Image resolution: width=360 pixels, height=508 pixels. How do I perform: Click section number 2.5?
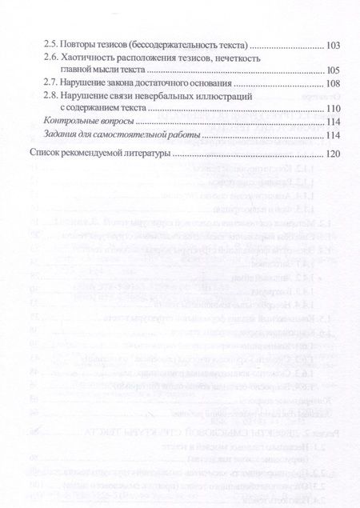point(52,44)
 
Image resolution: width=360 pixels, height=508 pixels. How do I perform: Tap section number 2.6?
point(52,58)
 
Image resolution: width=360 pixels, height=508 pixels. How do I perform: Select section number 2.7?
point(52,83)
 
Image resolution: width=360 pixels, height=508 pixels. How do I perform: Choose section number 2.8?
point(52,96)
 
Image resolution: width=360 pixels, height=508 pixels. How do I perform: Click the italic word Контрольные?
point(73,122)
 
